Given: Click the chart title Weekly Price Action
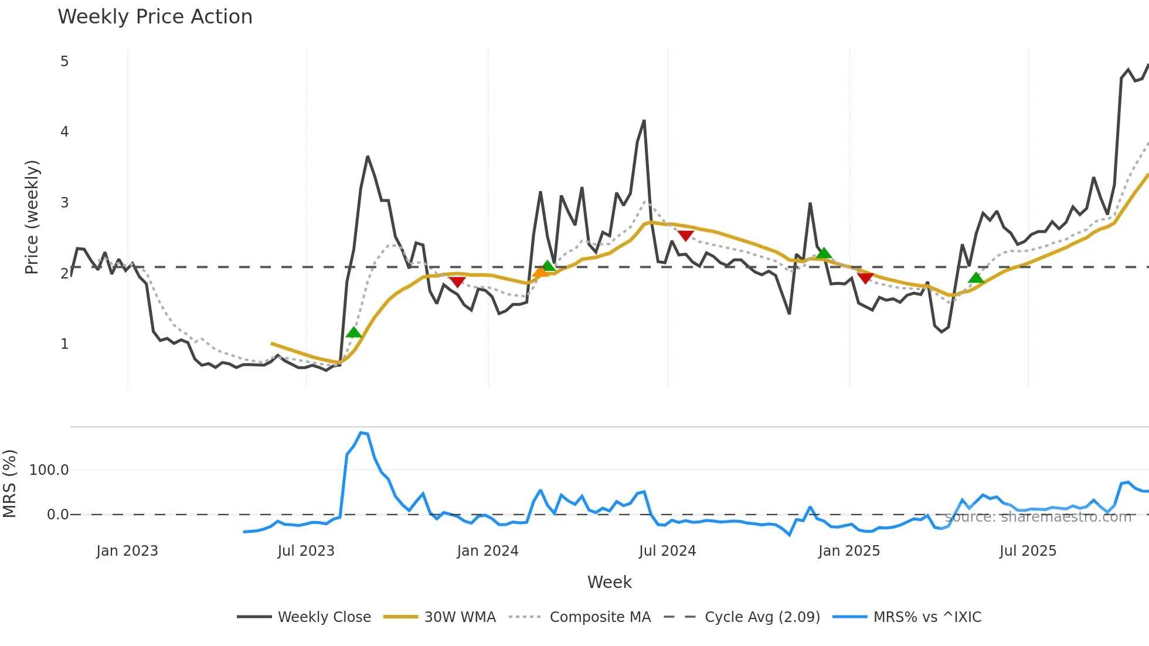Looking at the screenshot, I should click(155, 17).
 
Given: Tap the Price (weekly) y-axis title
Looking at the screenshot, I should click(32, 217).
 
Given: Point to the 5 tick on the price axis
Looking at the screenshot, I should click(64, 62).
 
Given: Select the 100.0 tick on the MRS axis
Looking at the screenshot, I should click(49, 470).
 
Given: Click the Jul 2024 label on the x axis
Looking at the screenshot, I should click(667, 551).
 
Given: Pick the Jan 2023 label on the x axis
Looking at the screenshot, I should click(127, 551).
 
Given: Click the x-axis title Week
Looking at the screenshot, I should click(609, 582).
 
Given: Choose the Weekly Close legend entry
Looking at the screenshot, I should click(324, 617).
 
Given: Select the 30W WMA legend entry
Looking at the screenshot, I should click(460, 617).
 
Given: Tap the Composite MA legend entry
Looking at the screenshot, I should click(600, 617).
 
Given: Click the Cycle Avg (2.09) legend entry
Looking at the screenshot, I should click(762, 617).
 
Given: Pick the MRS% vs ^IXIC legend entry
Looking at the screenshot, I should click(927, 617).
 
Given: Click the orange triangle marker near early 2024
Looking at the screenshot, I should click(540, 271).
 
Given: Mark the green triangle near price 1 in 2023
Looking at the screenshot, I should click(353, 332).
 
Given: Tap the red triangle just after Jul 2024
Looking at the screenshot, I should click(685, 236).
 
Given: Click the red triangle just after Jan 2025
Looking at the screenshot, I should click(865, 277).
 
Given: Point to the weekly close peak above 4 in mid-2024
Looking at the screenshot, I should click(644, 121).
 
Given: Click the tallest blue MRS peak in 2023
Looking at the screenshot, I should click(361, 433).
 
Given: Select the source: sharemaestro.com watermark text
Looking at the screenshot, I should click(1038, 517).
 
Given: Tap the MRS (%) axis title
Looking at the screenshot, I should click(10, 484).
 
